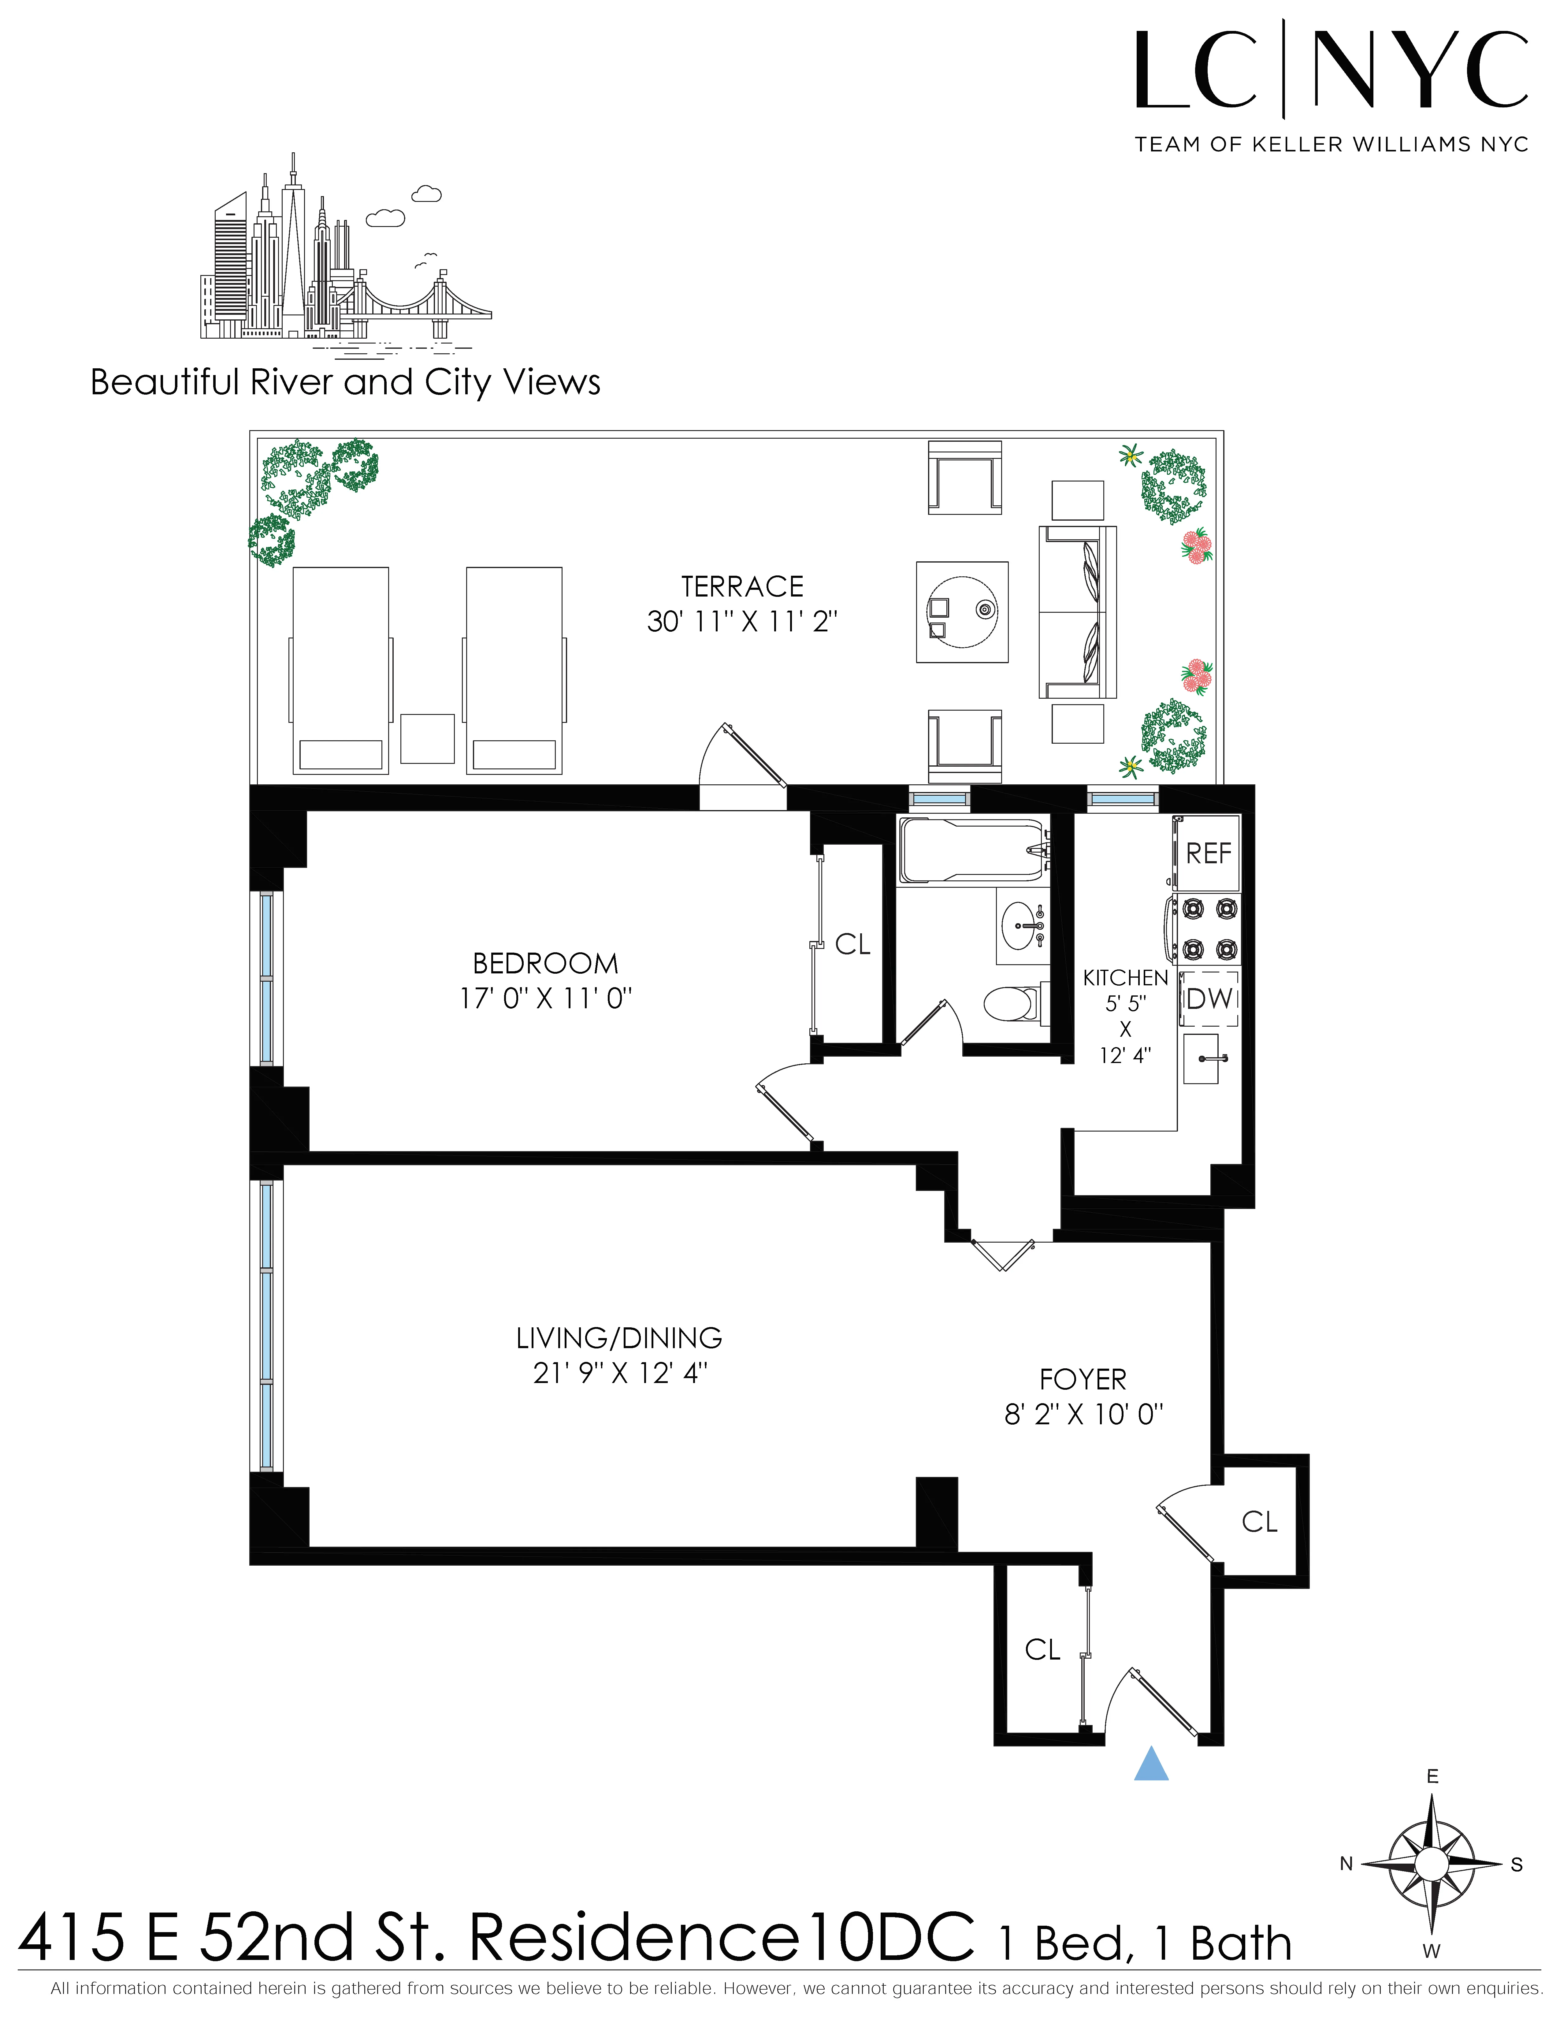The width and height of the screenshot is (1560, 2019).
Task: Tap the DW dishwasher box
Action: [1209, 998]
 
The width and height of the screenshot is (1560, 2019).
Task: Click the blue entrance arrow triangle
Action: [1152, 1764]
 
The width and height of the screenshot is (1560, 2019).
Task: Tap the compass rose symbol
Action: [1432, 1864]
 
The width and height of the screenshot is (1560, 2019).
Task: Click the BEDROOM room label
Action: [545, 963]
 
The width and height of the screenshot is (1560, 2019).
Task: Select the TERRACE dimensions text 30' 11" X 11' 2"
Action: [742, 621]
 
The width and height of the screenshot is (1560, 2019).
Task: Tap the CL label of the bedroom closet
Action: [852, 944]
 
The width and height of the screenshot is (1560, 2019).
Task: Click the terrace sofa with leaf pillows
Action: [1078, 612]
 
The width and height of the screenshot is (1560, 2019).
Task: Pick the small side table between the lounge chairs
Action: [427, 739]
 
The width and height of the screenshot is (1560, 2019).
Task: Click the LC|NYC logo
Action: [1331, 74]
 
